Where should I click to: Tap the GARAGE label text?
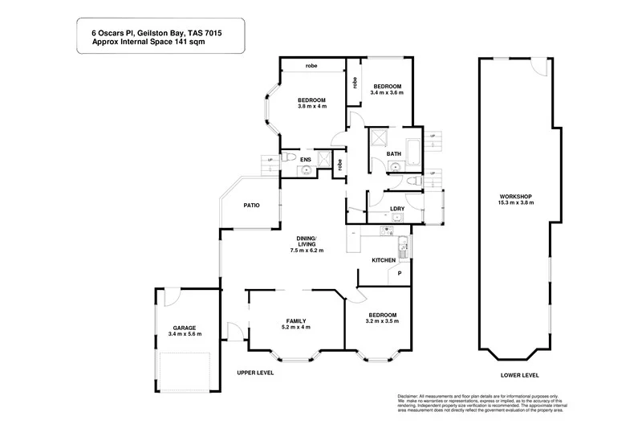185,327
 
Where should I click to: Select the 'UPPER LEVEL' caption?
255,373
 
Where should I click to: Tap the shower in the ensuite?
324,159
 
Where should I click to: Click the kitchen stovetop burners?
404,247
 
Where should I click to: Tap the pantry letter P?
400,275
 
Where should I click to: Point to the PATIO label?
251,206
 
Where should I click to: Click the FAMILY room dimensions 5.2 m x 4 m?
296,328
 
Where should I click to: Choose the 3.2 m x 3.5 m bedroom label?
383,321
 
